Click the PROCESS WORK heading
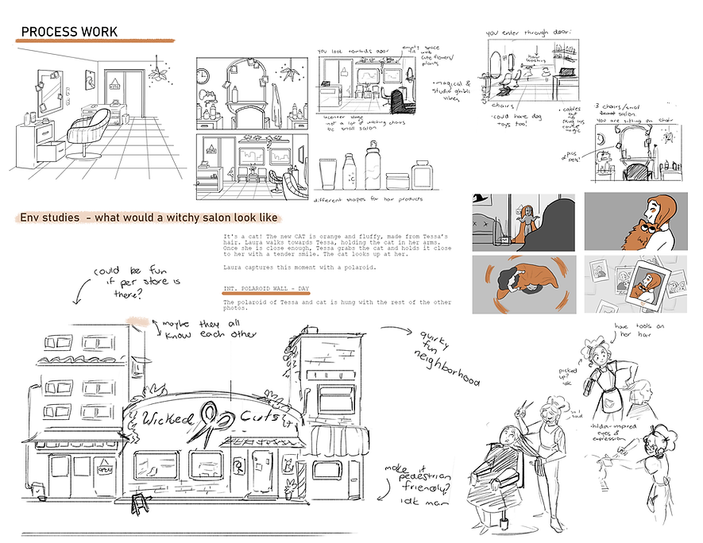pos(69,32)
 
